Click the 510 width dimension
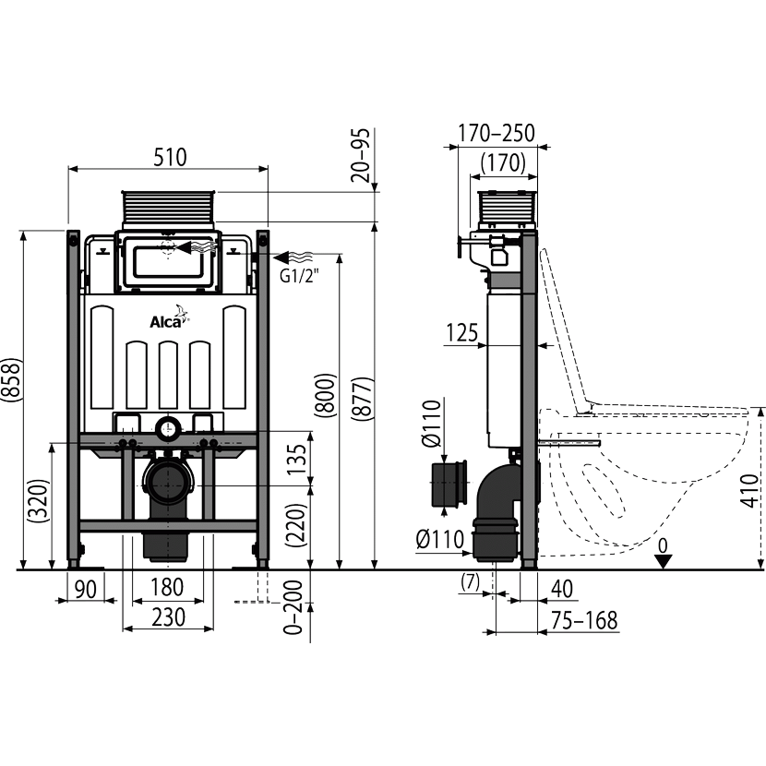170,157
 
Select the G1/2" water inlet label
299,277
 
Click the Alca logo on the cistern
169,318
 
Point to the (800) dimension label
325,395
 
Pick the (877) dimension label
363,398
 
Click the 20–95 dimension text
362,155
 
